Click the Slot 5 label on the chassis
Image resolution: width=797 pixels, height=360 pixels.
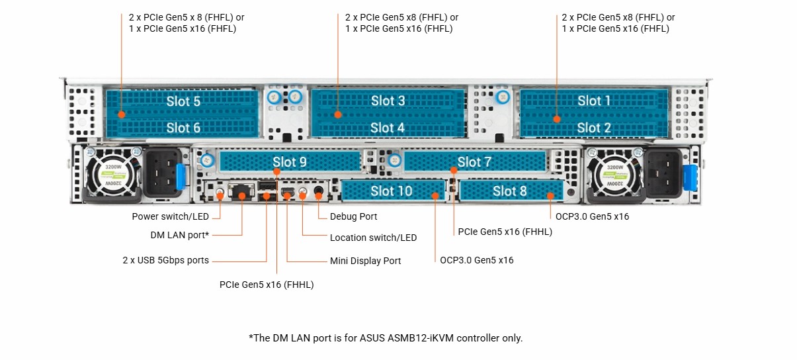tap(183, 101)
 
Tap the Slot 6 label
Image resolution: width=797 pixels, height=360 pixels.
tap(183, 128)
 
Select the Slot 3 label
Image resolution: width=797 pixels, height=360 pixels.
tap(388, 101)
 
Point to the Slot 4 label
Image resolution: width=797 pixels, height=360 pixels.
tap(388, 128)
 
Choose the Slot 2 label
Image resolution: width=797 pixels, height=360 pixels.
tap(594, 128)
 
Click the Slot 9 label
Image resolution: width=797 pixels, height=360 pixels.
tap(290, 161)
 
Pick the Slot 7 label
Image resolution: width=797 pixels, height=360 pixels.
tap(474, 161)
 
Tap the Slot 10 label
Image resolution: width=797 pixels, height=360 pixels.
tap(392, 191)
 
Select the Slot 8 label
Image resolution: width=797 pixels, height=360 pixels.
tap(510, 191)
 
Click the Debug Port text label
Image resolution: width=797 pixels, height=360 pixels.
tap(353, 216)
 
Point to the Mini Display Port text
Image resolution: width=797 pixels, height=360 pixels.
tap(365, 261)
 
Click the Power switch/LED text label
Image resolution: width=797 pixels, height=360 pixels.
tap(171, 216)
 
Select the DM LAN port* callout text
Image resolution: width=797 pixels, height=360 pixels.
tap(179, 235)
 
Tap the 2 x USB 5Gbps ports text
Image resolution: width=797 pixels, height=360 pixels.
tap(165, 260)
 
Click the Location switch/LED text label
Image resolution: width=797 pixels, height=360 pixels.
tap(373, 238)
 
